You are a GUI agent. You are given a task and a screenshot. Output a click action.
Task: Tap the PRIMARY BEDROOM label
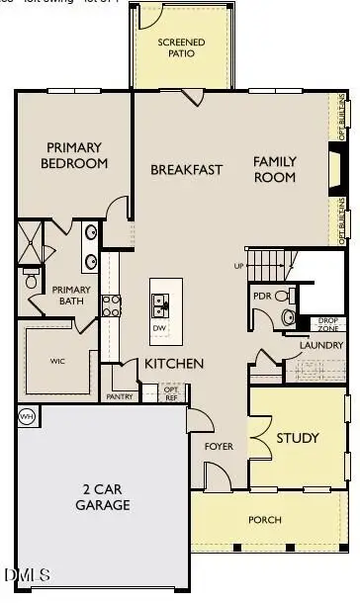pos(75,155)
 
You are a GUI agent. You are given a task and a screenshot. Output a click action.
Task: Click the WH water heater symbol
pos(26,415)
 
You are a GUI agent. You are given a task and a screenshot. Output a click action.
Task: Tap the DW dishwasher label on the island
pos(158,328)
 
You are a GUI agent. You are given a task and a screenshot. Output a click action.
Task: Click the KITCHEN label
pos(174,364)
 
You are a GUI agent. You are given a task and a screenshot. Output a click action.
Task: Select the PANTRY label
pos(119,396)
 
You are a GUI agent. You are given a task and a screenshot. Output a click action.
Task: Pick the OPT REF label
pos(171,393)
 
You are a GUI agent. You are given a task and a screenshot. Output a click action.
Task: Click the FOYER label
pos(218,446)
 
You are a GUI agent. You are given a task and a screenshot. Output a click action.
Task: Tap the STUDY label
pos(297,438)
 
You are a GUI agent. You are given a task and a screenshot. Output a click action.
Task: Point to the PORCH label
pos(265,519)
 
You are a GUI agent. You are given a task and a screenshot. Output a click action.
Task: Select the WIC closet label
pos(57,361)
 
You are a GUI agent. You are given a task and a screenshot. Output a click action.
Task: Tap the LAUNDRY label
pos(320,344)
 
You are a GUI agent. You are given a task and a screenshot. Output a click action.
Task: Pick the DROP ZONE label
pos(328,324)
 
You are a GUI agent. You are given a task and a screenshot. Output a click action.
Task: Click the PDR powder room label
pos(262,296)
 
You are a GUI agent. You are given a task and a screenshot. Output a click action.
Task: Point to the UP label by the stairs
pos(237,266)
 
